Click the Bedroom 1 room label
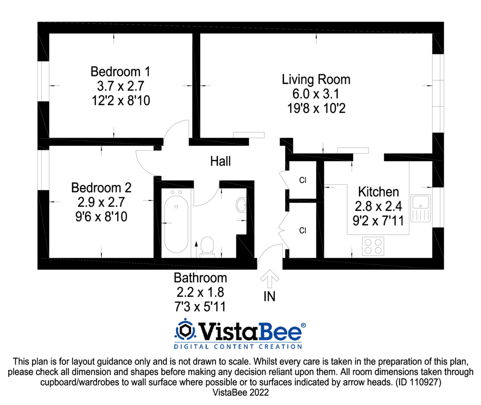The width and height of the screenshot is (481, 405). coord(120,72)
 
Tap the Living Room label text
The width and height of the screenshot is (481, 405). coord(316,79)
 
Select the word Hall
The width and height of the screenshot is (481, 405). coord(220,162)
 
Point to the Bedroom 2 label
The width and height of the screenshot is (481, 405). coord(101,188)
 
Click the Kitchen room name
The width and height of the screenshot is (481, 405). coord(379,192)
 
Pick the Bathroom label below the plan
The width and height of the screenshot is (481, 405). coord(200,278)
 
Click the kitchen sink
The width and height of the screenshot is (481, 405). coord(421,208)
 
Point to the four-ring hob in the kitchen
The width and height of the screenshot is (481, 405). coord(373,246)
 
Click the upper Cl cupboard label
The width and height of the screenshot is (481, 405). coord(303,180)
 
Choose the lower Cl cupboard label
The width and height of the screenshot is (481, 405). coord(303,230)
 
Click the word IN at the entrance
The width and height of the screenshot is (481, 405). coord(269,296)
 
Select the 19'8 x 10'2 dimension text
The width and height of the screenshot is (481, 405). coord(316,108)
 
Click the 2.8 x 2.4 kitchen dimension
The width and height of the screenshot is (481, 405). coord(378,206)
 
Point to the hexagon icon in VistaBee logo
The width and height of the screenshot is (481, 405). coord(185,330)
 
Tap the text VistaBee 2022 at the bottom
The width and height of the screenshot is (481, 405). coord(240,392)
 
